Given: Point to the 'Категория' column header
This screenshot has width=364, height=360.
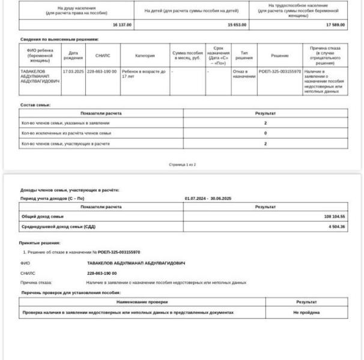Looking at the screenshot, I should [145, 55].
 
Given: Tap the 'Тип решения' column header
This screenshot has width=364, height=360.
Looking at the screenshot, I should [244, 55].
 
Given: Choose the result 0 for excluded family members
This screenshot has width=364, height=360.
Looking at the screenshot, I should [265, 133].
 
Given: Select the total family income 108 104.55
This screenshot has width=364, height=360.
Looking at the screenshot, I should [334, 216].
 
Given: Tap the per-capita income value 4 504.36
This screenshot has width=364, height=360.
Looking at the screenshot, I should [336, 226].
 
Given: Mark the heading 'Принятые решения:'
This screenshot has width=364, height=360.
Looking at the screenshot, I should [40, 243].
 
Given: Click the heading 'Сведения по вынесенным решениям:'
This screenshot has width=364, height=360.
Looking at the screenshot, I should [59, 40].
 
